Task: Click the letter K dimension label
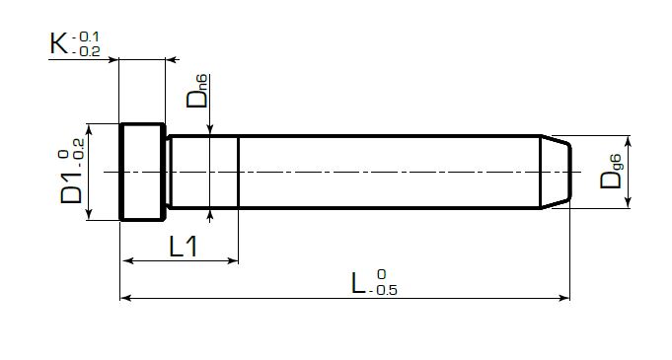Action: [x=59, y=43]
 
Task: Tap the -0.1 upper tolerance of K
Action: [x=86, y=36]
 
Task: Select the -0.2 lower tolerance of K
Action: [x=86, y=51]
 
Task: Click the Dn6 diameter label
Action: [x=197, y=91]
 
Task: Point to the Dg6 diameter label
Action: [x=611, y=172]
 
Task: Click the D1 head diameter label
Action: [x=71, y=187]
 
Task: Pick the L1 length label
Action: [x=184, y=246]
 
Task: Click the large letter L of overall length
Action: [x=358, y=283]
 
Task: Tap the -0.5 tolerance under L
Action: [x=382, y=290]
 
